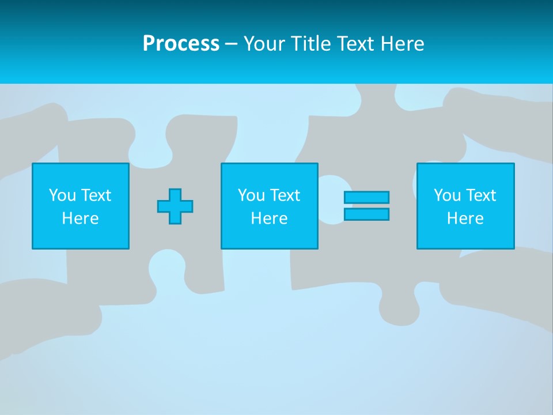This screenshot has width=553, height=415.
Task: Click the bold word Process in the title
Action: [181, 44]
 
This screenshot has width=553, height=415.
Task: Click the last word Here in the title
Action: [404, 44]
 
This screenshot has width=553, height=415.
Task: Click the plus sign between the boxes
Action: [175, 206]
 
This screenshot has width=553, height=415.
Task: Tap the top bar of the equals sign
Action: [366, 197]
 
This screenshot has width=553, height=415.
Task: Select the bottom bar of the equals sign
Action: [366, 214]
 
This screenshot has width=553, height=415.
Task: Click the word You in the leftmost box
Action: [62, 195]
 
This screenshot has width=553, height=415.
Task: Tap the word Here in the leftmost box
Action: [80, 218]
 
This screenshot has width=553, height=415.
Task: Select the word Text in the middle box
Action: [285, 195]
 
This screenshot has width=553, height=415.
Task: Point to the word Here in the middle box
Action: [269, 218]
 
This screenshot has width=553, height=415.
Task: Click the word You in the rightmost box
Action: [447, 195]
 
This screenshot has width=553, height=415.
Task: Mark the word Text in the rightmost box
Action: [481, 195]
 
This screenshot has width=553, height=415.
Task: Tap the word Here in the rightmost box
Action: [465, 218]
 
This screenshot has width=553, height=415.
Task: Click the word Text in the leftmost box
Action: [96, 195]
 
